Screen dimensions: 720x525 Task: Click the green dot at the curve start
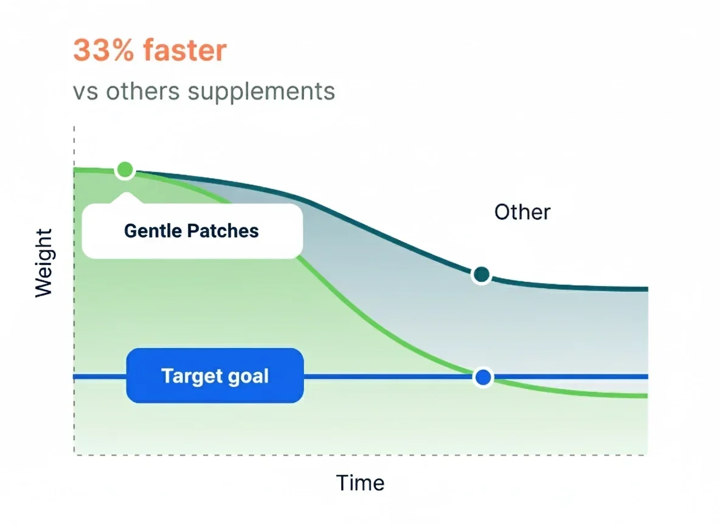point(125,170)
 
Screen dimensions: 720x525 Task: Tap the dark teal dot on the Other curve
point(481,275)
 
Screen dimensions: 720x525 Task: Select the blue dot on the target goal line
point(483,377)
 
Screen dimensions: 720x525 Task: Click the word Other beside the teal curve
point(522,212)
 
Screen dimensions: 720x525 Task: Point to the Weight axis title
point(44,263)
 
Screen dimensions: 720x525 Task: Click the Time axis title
point(360,483)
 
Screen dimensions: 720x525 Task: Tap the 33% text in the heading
point(103,50)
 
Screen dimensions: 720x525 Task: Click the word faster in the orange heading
point(185,50)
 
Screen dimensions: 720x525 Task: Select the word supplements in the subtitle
point(261,92)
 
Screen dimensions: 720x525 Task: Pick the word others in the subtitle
point(143,91)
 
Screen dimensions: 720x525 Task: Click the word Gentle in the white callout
point(152,231)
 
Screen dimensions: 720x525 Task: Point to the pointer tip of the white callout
point(125,193)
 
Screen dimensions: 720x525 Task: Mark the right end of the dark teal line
point(648,289)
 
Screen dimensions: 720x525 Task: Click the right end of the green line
point(648,396)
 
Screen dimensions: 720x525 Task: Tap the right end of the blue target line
point(648,377)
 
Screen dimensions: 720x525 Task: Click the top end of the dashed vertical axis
point(74,126)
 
